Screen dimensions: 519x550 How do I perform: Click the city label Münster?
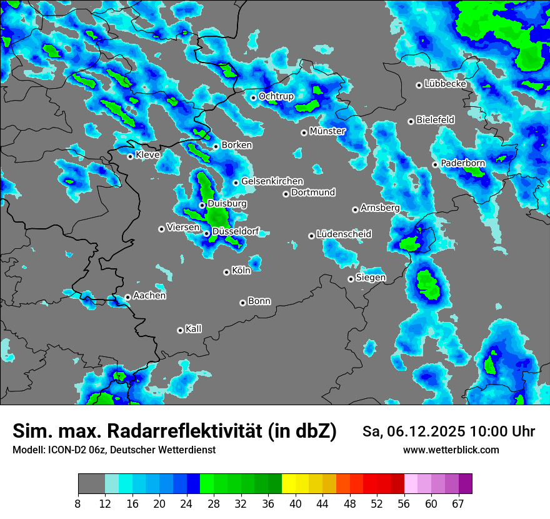pos(327,131)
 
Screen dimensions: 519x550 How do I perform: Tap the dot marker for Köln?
pos(226,272)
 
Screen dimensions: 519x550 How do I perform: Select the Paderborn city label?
pos(463,163)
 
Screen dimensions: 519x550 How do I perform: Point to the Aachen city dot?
pos(127,297)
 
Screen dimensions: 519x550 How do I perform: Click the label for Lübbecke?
pos(446,84)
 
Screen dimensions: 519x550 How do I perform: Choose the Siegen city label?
pos(371,278)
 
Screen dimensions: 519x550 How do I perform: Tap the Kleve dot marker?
pos(130,156)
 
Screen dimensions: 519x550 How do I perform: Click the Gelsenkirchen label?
pos(272,181)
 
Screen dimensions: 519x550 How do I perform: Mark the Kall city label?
pos(194,329)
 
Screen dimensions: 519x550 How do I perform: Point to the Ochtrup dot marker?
pos(253,97)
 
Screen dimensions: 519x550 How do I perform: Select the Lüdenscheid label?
pos(344,234)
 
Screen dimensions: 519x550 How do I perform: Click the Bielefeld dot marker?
pos(411,121)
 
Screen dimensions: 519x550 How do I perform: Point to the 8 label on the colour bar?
pos(78,503)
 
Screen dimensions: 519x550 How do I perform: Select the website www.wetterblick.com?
pos(451,450)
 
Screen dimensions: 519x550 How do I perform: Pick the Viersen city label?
pos(183,228)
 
